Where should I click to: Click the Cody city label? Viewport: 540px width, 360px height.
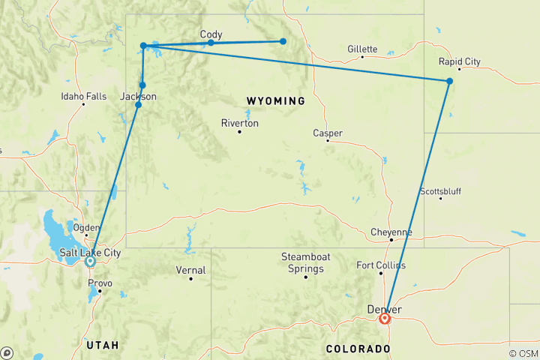tap(211, 34)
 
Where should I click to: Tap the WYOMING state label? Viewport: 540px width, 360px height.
tap(275, 100)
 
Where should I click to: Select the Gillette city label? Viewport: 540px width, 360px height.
tap(362, 49)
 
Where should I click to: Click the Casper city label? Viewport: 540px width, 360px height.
tap(328, 133)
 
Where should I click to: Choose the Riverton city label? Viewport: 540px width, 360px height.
tap(240, 123)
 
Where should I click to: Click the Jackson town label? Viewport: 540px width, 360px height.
tap(139, 96)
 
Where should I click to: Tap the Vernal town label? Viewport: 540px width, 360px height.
tap(190, 270)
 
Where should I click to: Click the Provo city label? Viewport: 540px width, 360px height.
tap(100, 283)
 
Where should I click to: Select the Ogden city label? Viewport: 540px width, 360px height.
tap(85, 228)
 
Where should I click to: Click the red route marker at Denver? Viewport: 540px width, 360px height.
tap(385, 319)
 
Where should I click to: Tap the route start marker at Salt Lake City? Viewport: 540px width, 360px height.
tap(90, 262)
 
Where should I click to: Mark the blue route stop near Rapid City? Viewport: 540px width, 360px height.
tap(449, 81)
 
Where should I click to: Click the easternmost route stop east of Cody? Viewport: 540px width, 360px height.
tap(283, 41)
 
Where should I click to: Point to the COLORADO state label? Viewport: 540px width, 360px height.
tap(358, 349)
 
